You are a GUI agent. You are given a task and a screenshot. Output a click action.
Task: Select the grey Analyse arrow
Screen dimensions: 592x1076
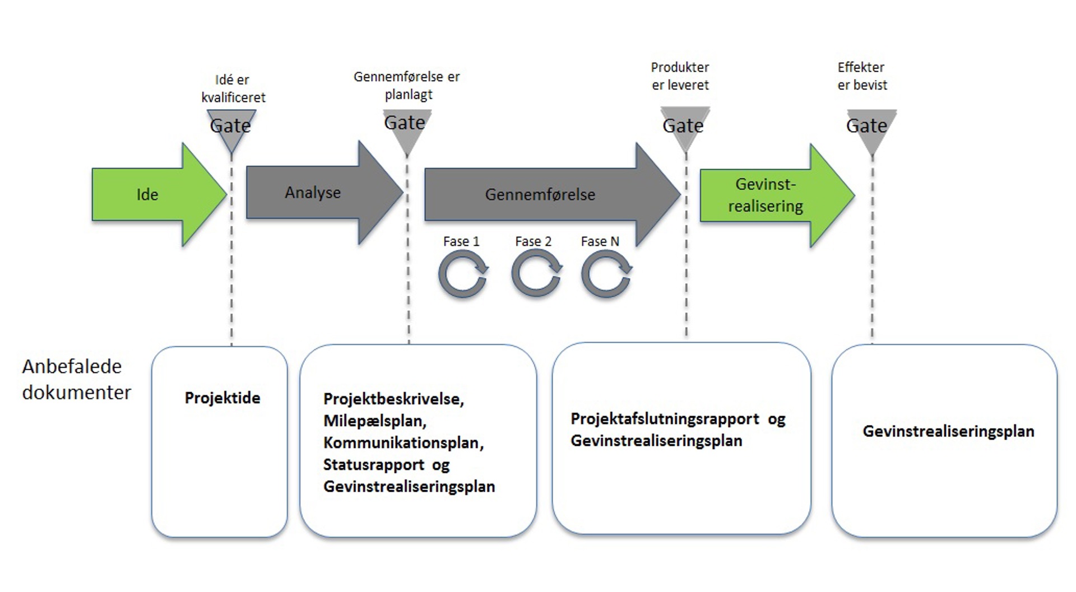(x=313, y=193)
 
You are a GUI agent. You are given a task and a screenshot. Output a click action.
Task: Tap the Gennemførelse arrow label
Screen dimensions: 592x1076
(x=540, y=195)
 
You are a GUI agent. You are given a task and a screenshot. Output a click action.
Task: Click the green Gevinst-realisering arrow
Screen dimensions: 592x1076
(x=766, y=195)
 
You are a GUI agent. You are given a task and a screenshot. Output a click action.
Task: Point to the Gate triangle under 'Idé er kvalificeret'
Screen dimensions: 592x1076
(x=231, y=127)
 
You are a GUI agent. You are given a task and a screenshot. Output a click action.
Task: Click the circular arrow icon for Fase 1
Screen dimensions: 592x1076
(x=463, y=274)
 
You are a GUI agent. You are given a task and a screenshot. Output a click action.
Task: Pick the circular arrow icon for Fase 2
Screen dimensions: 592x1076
(x=536, y=274)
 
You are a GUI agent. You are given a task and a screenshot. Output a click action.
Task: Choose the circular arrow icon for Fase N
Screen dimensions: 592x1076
(x=606, y=274)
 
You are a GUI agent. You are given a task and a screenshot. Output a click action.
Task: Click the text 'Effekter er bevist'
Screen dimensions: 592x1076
(x=862, y=76)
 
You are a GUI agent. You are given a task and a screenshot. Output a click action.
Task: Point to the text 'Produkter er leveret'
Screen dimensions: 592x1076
(x=680, y=76)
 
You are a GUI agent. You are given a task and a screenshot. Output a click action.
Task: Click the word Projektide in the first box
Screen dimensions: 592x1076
(x=222, y=398)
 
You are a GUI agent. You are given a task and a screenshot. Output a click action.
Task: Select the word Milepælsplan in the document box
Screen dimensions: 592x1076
(x=374, y=421)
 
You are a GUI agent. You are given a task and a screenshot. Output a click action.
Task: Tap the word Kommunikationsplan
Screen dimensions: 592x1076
(x=403, y=442)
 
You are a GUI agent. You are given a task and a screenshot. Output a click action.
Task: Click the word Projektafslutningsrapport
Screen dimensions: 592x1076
(x=665, y=419)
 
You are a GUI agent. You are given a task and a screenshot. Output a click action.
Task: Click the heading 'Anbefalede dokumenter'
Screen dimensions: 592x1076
(x=76, y=379)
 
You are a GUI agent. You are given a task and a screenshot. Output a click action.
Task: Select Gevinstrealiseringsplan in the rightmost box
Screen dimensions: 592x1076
(x=948, y=431)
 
